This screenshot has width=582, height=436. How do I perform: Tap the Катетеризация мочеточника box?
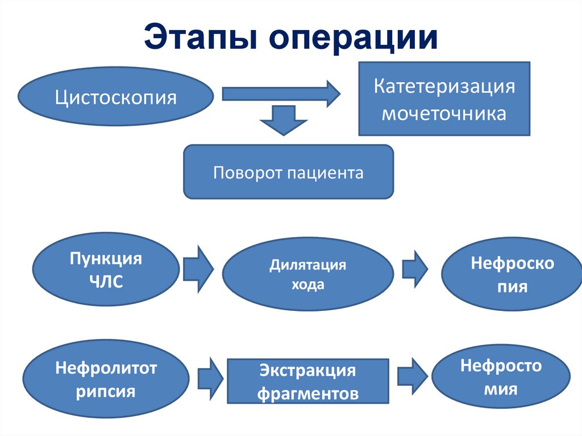click(x=444, y=99)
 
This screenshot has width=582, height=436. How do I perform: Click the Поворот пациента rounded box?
click(x=288, y=172)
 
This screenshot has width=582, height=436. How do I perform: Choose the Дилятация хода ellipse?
click(x=307, y=275)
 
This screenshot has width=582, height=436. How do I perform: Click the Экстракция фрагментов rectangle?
click(x=308, y=381)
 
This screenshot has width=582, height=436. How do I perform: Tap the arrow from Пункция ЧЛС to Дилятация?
click(x=197, y=267)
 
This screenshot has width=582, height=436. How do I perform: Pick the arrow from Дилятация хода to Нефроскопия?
click(x=414, y=267)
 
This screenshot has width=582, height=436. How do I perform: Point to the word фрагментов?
click(x=308, y=393)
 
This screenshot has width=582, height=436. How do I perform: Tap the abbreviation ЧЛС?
click(x=106, y=282)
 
